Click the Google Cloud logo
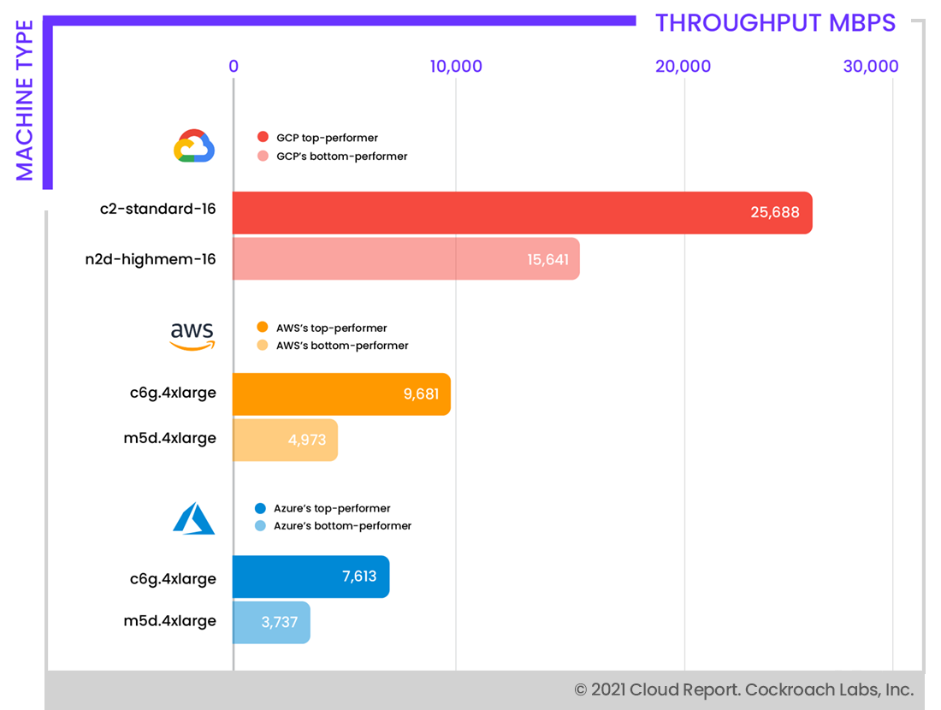tap(194, 146)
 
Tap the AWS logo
tap(192, 336)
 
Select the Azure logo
tap(193, 518)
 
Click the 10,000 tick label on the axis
tap(455, 67)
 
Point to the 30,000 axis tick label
tap(870, 67)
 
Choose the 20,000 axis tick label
tap(683, 67)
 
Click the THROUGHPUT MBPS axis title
tap(775, 23)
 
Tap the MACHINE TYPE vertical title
tap(24, 101)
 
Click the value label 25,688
tap(775, 213)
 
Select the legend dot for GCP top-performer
tap(263, 138)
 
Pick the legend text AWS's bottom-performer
tap(342, 346)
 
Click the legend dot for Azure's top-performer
tap(261, 509)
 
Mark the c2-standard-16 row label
tap(158, 209)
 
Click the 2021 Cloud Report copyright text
tap(743, 689)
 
